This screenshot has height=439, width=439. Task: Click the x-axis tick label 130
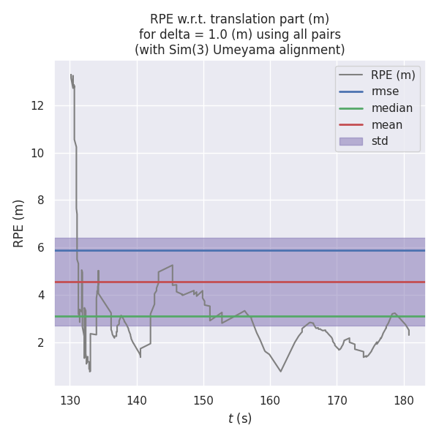(x=70, y=400)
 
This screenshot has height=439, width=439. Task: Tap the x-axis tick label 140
(x=137, y=400)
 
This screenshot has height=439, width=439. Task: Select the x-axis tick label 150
(x=203, y=400)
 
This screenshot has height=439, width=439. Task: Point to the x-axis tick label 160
(x=270, y=400)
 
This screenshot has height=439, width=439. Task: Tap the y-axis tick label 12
(x=37, y=106)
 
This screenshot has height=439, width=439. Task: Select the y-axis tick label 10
(x=37, y=154)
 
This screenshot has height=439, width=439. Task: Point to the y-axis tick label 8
(x=41, y=200)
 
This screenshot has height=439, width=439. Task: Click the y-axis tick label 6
(x=41, y=248)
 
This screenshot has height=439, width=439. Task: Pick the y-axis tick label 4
(x=41, y=296)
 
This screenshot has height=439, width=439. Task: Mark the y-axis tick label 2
(x=41, y=342)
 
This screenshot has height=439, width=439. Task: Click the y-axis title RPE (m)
(x=19, y=223)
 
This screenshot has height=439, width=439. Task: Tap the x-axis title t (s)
(x=240, y=419)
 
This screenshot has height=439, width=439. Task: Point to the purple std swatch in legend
(x=350, y=141)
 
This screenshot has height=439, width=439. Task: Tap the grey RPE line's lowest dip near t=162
(x=280, y=371)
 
